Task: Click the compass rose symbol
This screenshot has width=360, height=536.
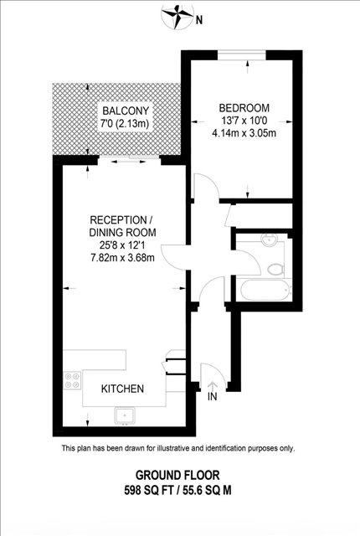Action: click(177, 16)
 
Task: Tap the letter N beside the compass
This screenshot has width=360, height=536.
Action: click(199, 20)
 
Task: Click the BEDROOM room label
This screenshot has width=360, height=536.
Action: click(244, 108)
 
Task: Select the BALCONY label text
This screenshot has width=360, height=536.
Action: click(126, 111)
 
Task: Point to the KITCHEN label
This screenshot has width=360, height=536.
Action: click(122, 389)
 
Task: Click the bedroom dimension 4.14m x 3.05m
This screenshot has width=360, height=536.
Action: click(244, 132)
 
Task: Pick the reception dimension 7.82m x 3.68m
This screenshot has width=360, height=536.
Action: click(122, 257)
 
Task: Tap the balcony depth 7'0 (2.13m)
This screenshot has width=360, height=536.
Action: click(125, 123)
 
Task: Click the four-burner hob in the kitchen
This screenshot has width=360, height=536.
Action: click(72, 380)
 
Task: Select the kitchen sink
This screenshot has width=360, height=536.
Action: click(125, 415)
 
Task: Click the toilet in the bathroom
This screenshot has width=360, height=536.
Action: click(276, 270)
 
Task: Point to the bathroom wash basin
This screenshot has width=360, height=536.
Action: click(270, 240)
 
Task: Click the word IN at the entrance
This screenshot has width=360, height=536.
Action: click(212, 396)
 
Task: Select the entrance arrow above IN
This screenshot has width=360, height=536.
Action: click(212, 386)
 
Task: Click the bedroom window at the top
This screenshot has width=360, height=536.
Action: click(242, 54)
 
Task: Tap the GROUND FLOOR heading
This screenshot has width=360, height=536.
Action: click(177, 475)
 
